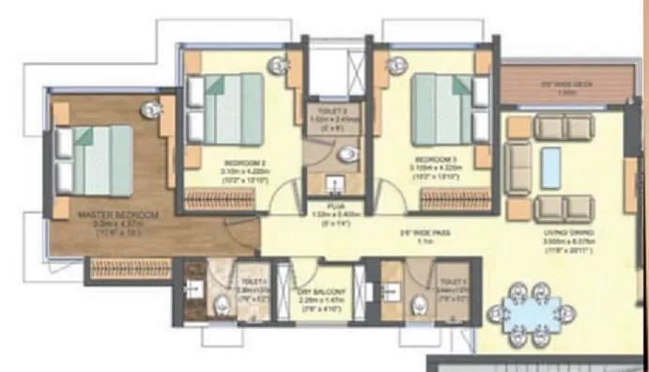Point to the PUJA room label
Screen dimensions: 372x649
(x=332, y=203)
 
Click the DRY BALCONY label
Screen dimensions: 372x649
(x=322, y=293)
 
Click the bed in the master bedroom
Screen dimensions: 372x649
(x=96, y=160)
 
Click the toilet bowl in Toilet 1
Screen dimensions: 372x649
(x=222, y=302)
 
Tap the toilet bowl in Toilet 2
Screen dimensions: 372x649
(x=420, y=302)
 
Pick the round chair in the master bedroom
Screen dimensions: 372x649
(x=152, y=109)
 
